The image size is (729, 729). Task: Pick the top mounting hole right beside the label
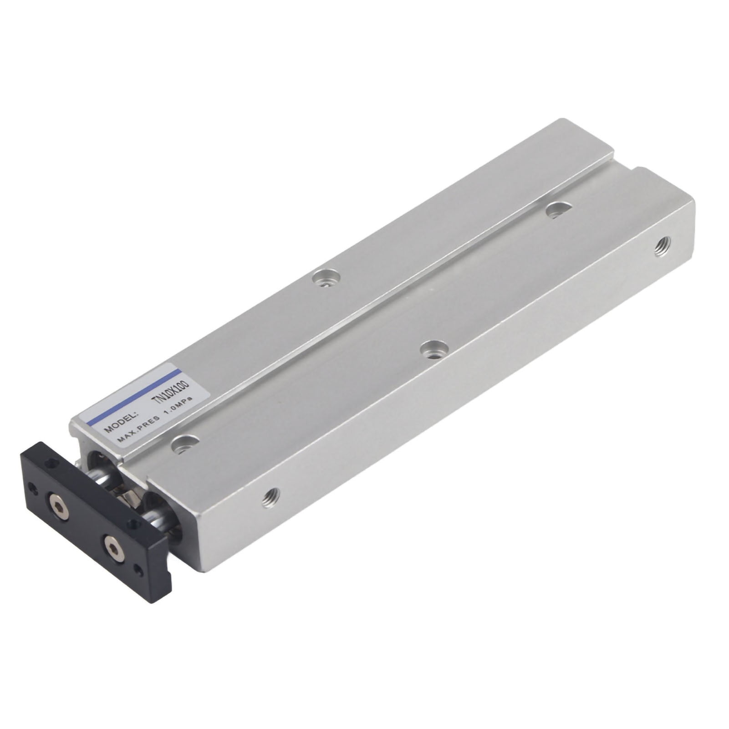pyautogui.click(x=185, y=444)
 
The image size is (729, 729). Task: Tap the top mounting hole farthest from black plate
pyautogui.click(x=559, y=210)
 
